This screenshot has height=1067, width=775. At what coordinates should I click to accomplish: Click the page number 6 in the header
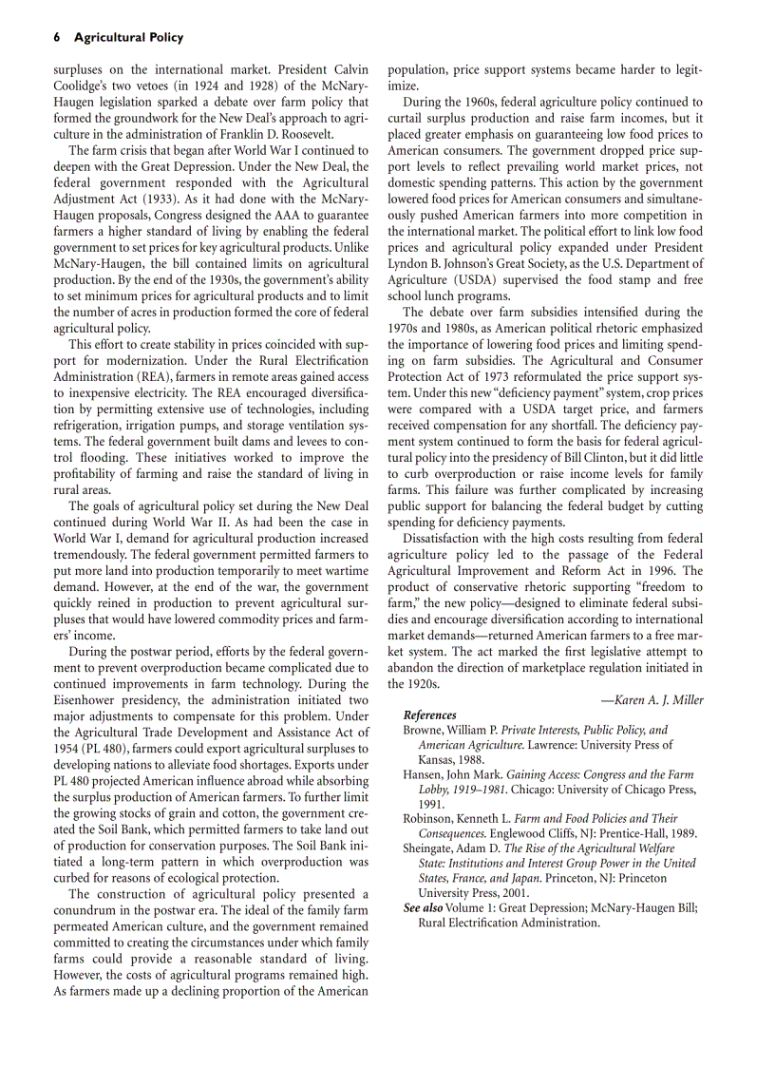coord(57,38)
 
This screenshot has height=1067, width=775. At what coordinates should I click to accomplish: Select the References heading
coord(429,715)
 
